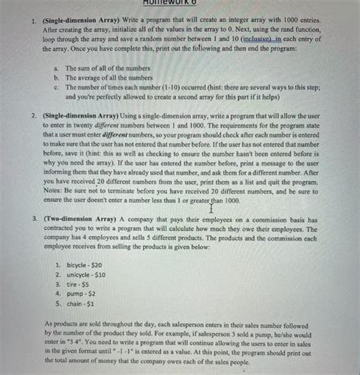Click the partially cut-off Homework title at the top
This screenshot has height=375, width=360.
coord(179,4)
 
